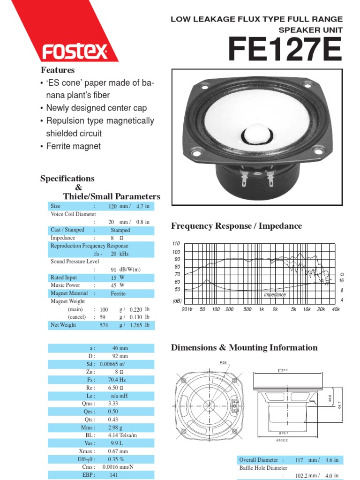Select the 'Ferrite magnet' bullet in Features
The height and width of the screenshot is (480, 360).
coord(73,146)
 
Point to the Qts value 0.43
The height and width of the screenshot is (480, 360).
coord(113,420)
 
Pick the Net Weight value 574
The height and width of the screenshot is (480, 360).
coord(104,325)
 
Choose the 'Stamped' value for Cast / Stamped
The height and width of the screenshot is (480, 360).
coord(120,230)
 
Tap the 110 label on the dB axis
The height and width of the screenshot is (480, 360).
coord(176,244)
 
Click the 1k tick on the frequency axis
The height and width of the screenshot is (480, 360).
coord(262,310)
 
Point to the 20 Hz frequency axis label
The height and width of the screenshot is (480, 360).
coord(187,310)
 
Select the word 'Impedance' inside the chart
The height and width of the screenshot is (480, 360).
coord(275,295)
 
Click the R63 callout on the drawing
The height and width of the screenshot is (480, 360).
coord(223,362)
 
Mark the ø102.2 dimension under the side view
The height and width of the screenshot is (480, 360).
coord(282,440)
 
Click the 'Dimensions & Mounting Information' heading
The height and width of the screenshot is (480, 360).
coord(244,348)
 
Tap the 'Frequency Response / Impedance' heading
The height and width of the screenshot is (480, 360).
coord(237,226)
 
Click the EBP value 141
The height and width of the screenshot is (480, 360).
coord(113,475)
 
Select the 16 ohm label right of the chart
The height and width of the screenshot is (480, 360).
coord(342,280)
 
